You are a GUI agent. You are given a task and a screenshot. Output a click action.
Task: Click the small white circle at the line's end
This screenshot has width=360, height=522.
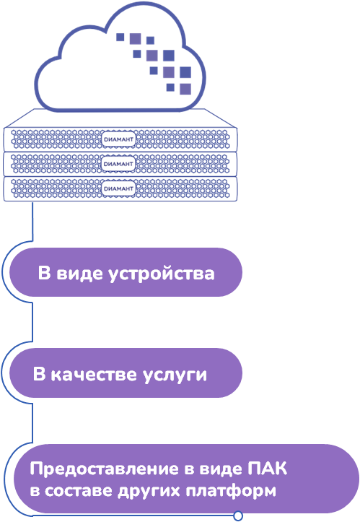click(x=238, y=516)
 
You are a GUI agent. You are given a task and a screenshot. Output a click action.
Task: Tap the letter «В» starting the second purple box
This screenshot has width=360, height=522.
click(x=40, y=375)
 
